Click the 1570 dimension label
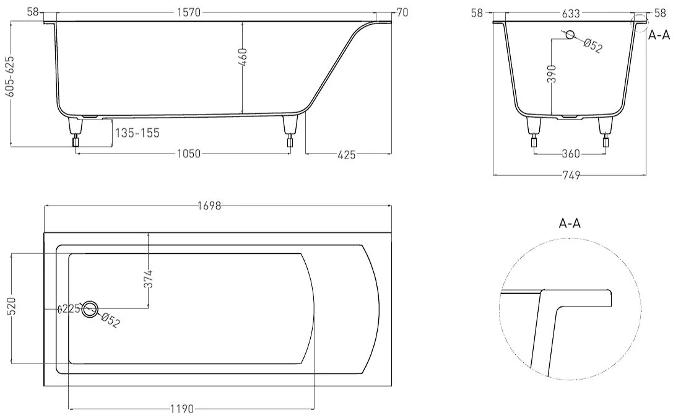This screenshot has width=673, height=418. [x=188, y=12]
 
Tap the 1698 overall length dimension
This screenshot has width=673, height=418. [x=209, y=206]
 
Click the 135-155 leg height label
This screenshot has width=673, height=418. [x=137, y=133]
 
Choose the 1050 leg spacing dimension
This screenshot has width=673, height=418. [x=189, y=154]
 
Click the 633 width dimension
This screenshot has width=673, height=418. [x=571, y=13]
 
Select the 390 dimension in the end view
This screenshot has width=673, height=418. [x=552, y=74]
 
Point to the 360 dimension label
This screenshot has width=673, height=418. [x=571, y=154]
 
